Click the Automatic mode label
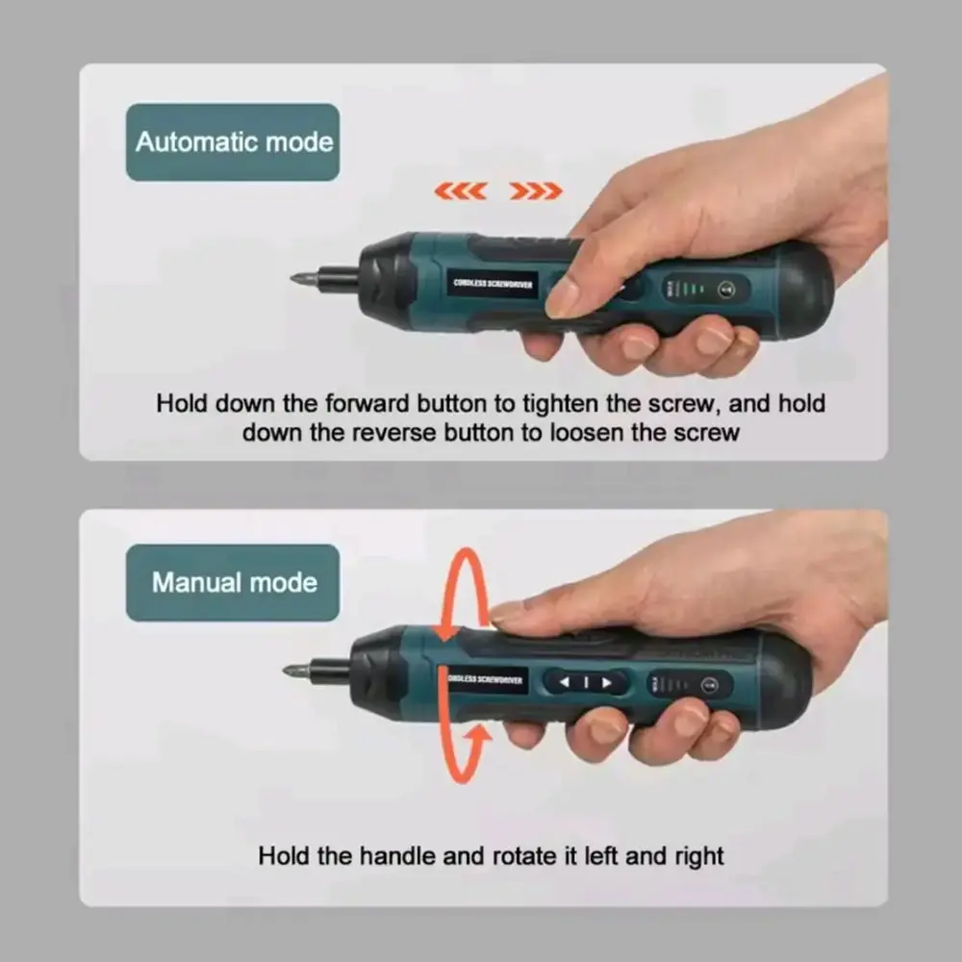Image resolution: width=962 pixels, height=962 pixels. (x=233, y=142)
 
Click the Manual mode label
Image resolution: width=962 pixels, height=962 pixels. (x=233, y=583)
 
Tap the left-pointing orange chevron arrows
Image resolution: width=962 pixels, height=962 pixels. (x=461, y=190)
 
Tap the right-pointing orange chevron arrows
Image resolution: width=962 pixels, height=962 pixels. (x=536, y=190)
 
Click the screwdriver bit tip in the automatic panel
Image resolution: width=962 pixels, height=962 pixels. (x=295, y=279)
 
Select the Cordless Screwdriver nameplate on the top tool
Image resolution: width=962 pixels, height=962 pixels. (x=493, y=284)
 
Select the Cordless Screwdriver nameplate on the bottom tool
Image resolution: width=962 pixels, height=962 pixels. (x=485, y=680)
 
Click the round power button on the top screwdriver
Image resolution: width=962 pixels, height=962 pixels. (x=726, y=289)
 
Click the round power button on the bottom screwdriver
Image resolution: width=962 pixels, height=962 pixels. (x=709, y=685)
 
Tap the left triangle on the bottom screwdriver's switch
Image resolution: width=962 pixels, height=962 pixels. (x=565, y=682)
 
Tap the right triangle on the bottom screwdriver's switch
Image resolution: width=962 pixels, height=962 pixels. (x=607, y=682)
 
